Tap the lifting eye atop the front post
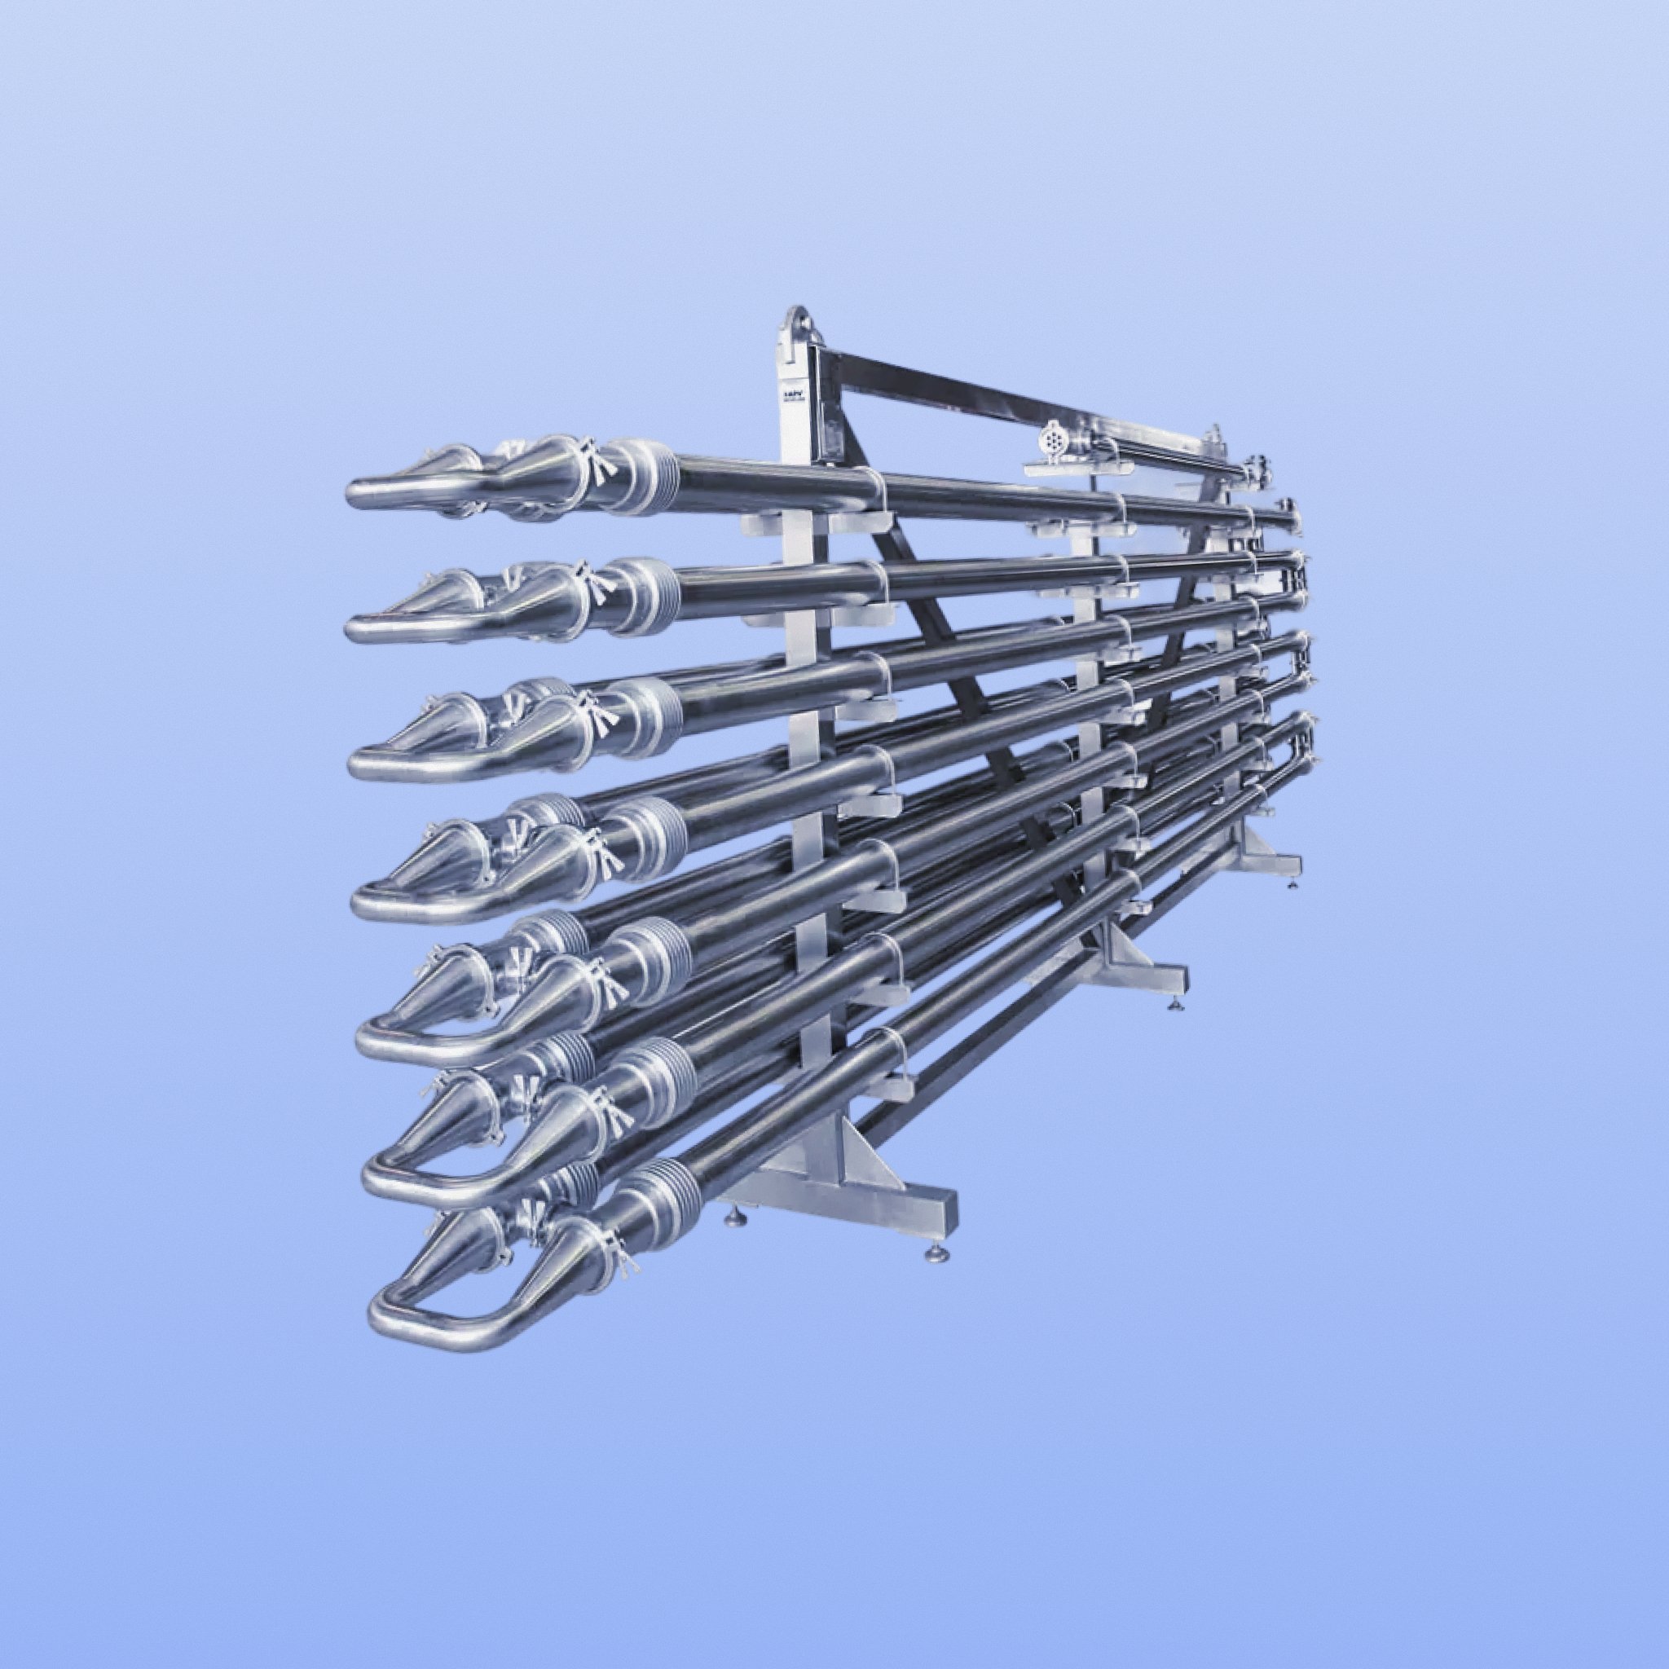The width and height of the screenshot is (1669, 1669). point(795,321)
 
